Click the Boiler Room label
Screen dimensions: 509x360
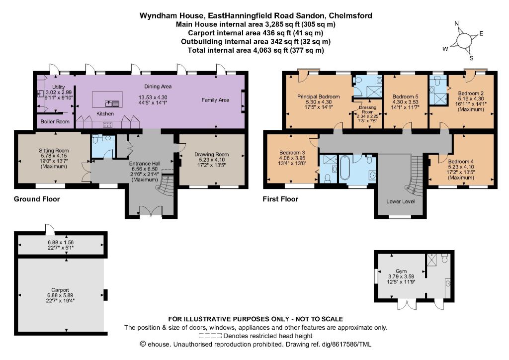point(55,121)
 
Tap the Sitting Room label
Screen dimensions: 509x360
point(54,150)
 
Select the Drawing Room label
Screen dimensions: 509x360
point(212,155)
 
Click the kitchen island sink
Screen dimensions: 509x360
point(112,103)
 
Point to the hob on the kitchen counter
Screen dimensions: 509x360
point(108,124)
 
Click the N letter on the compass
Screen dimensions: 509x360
point(457,23)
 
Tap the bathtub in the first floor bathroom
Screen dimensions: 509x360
point(344,167)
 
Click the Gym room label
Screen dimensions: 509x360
point(401,271)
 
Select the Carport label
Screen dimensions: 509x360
point(60,290)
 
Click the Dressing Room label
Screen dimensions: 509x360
point(367,110)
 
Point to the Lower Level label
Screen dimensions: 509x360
point(401,201)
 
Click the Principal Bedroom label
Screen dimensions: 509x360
point(319,96)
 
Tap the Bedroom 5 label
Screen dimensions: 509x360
point(406,96)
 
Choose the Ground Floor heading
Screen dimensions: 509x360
point(37,199)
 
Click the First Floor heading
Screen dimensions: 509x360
point(280,199)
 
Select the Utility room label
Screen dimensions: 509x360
point(59,87)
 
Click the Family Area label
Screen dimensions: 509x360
point(215,100)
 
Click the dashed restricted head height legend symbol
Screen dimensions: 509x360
point(210,336)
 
